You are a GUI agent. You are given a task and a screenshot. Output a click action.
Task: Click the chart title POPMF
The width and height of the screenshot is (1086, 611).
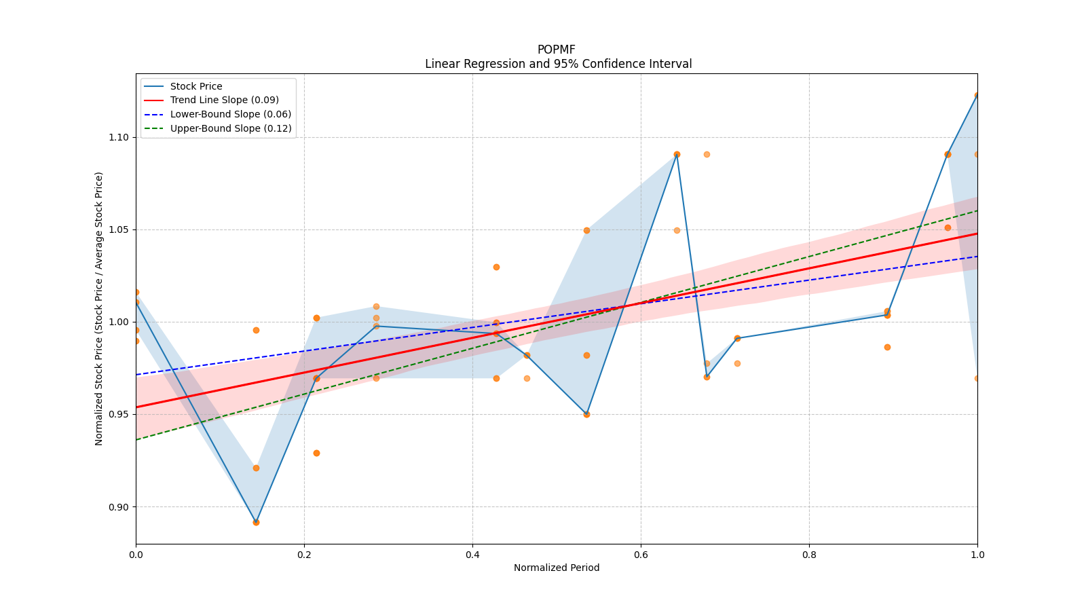556,50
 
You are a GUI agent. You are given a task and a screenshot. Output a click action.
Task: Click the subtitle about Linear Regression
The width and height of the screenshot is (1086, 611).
558,64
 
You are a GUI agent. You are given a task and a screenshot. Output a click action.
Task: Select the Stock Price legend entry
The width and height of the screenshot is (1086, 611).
196,86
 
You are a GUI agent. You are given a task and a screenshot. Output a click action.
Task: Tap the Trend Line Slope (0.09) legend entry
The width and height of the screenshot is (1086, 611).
224,100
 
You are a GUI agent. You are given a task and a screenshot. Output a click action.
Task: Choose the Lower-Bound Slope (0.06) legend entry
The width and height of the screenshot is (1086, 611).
230,114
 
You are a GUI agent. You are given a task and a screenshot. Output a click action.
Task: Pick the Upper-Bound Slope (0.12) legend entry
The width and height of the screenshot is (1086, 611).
231,128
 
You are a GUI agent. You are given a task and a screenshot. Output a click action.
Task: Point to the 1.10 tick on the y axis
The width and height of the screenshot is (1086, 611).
119,137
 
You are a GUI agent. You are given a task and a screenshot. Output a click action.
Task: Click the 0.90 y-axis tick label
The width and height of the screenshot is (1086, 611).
119,507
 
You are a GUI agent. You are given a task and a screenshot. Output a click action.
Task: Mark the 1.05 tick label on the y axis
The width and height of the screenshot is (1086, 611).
119,229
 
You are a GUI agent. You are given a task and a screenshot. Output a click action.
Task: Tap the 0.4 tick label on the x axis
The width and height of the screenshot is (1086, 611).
472,555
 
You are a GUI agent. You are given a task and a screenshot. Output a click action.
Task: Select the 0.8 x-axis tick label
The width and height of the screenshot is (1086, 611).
809,555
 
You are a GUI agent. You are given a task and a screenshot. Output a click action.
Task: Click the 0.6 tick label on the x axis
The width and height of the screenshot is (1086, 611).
641,555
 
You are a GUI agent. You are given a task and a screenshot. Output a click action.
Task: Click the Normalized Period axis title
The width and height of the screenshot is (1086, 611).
557,568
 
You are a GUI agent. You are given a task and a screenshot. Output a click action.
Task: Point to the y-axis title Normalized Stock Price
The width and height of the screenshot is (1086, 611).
99,308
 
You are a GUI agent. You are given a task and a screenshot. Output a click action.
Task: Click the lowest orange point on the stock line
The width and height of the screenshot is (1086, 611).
256,522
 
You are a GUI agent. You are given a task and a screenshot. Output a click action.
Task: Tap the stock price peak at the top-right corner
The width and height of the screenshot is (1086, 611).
977,96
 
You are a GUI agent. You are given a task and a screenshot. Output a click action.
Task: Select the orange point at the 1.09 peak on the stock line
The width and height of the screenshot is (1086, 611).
677,154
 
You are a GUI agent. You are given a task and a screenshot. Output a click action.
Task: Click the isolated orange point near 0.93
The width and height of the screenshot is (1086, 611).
316,453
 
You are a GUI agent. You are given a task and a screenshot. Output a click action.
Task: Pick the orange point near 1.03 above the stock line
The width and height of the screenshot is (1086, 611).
496,267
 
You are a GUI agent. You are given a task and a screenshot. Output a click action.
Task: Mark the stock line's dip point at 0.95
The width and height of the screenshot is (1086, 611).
586,414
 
